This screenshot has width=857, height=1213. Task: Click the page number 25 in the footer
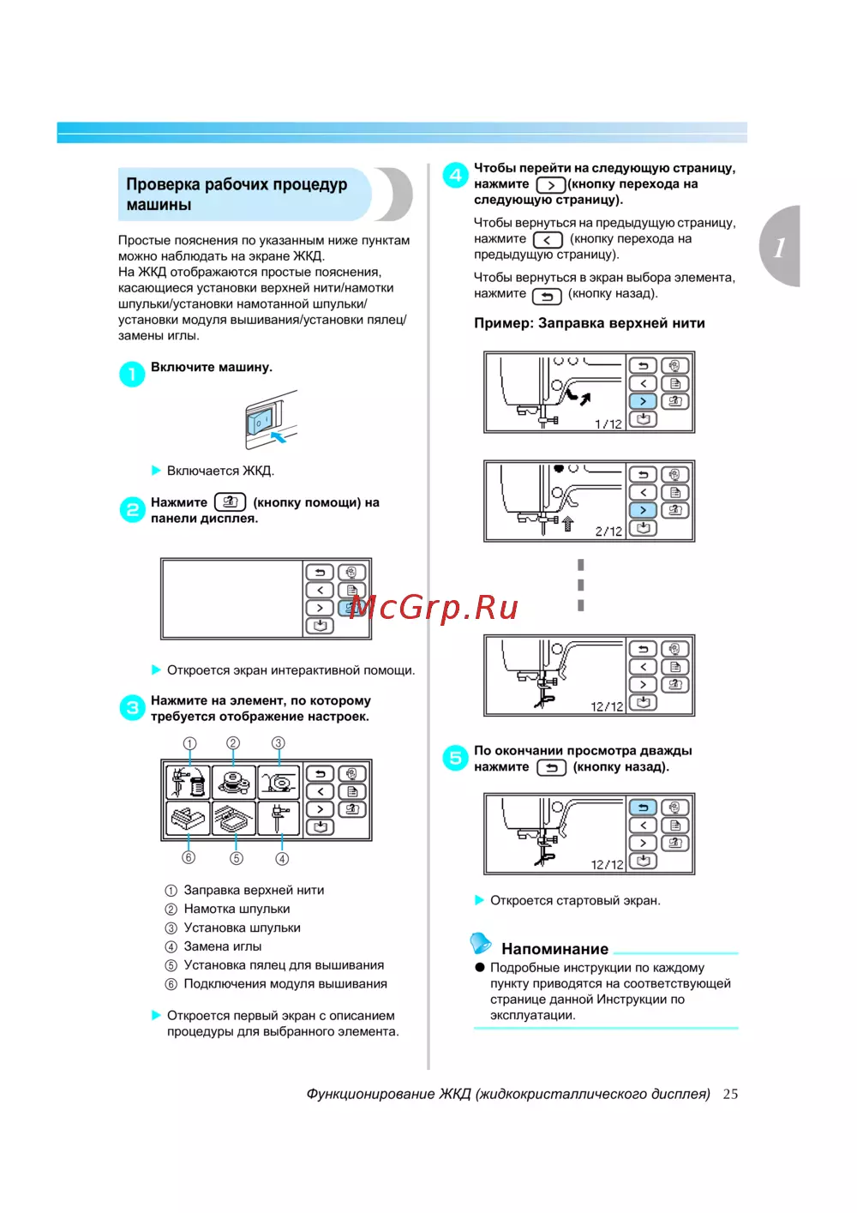tap(730, 1094)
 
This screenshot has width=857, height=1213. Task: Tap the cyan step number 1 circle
tap(132, 374)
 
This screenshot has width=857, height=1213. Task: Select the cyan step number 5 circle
tap(455, 758)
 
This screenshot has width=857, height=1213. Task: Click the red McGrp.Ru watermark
tap(434, 607)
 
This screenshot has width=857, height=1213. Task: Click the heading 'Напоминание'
tap(554, 949)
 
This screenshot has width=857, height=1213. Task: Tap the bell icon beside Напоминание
tap(481, 943)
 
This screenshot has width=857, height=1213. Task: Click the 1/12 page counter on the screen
tap(608, 423)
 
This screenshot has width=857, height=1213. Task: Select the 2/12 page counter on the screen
tap(608, 531)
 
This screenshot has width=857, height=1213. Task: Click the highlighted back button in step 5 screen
tap(643, 808)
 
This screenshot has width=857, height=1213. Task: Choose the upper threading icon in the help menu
tap(188, 782)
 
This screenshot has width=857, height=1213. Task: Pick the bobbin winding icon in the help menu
tap(233, 782)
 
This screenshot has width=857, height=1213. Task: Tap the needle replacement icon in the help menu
tap(279, 819)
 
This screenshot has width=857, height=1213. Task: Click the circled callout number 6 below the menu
tap(189, 857)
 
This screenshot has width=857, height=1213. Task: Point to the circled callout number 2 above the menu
tap(233, 743)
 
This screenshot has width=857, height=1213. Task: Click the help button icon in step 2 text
tap(230, 502)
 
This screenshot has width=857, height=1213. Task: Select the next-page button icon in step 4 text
tap(550, 184)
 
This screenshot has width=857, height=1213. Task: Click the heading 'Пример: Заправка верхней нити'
tap(589, 323)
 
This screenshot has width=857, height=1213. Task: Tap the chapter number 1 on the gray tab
tap(780, 248)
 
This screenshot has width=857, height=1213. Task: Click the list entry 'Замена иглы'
tap(223, 946)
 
